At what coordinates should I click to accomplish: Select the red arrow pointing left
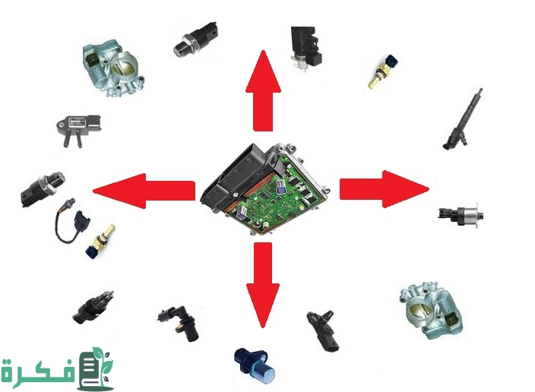click(144, 191)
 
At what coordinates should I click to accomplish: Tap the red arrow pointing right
click(385, 189)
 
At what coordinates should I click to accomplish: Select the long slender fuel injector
click(464, 119)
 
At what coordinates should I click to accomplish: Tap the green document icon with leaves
click(95, 369)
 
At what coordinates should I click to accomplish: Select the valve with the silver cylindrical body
click(461, 214)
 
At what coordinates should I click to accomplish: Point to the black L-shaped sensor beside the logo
click(179, 322)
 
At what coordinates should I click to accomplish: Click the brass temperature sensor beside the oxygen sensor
click(100, 242)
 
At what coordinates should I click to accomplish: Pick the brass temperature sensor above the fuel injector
click(383, 71)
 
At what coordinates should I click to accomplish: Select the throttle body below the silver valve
click(432, 311)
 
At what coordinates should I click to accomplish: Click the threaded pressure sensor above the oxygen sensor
click(43, 188)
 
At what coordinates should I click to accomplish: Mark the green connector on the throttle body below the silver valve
click(453, 320)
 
